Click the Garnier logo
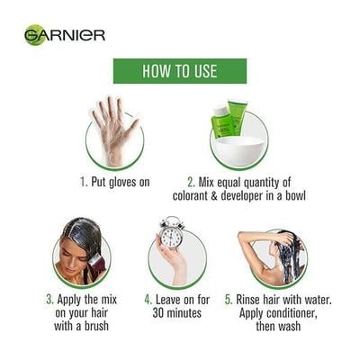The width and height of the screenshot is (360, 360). click(x=65, y=35)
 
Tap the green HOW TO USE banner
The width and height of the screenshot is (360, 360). click(x=180, y=71)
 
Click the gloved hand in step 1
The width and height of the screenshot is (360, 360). click(x=113, y=128)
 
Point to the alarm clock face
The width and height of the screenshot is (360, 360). click(x=171, y=236)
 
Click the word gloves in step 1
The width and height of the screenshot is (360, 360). click(x=120, y=182)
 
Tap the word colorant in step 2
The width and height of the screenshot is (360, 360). click(x=191, y=195)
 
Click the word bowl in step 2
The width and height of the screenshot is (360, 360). click(x=295, y=195)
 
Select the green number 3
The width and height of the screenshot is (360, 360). click(x=49, y=300)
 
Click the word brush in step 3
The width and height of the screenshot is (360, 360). click(x=96, y=326)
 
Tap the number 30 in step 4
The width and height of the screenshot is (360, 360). click(x=158, y=313)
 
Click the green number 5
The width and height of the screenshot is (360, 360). click(x=229, y=300)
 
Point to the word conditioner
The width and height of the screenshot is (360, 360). click(x=292, y=313)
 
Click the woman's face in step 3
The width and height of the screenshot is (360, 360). click(x=69, y=257)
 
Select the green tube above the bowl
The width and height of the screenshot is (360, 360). click(x=238, y=117)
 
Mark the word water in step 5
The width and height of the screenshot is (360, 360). click(x=318, y=300)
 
